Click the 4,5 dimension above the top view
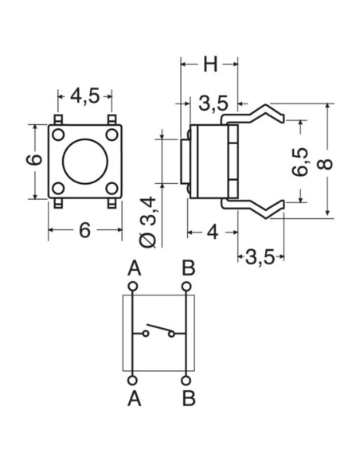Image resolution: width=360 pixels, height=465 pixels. point(84,96)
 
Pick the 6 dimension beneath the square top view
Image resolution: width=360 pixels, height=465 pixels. point(85,231)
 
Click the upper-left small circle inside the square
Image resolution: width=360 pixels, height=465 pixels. point(59,135)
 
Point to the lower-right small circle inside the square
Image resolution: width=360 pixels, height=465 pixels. point(112,189)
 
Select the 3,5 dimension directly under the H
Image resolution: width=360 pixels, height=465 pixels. point(214,103)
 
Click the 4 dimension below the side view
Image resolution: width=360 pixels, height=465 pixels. point(213,232)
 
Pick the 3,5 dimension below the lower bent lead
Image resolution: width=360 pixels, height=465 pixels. point(260,256)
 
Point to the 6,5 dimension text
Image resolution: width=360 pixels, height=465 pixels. point(299,162)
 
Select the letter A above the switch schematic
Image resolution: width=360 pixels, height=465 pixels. point(132,267)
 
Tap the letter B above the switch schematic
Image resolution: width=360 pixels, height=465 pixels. point(187,267)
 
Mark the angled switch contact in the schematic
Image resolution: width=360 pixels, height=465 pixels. point(159,330)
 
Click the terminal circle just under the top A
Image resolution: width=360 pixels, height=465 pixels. point(132,285)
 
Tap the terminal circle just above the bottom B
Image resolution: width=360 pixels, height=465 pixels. point(187,380)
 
